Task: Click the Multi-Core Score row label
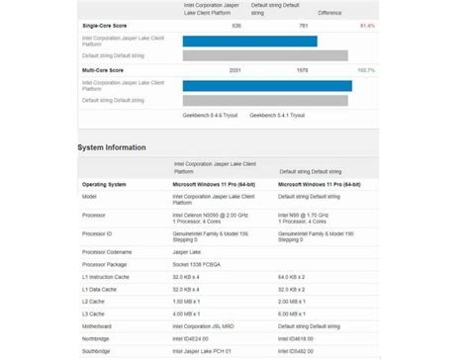[x=104, y=71]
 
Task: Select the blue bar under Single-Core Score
[x=249, y=42]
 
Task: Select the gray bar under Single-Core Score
[x=265, y=55]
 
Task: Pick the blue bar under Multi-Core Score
[x=267, y=86]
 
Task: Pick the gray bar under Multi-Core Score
[x=264, y=100]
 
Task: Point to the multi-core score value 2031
[x=234, y=71]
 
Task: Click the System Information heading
[x=112, y=147]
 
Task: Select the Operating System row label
[x=104, y=184]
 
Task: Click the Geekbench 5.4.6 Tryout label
[x=210, y=115]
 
